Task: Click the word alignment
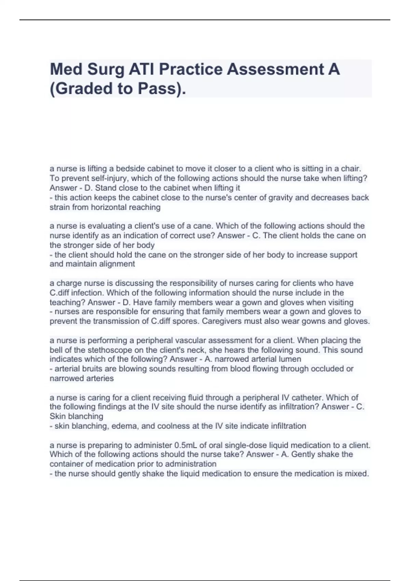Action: point(117,264)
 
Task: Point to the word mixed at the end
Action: point(358,474)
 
